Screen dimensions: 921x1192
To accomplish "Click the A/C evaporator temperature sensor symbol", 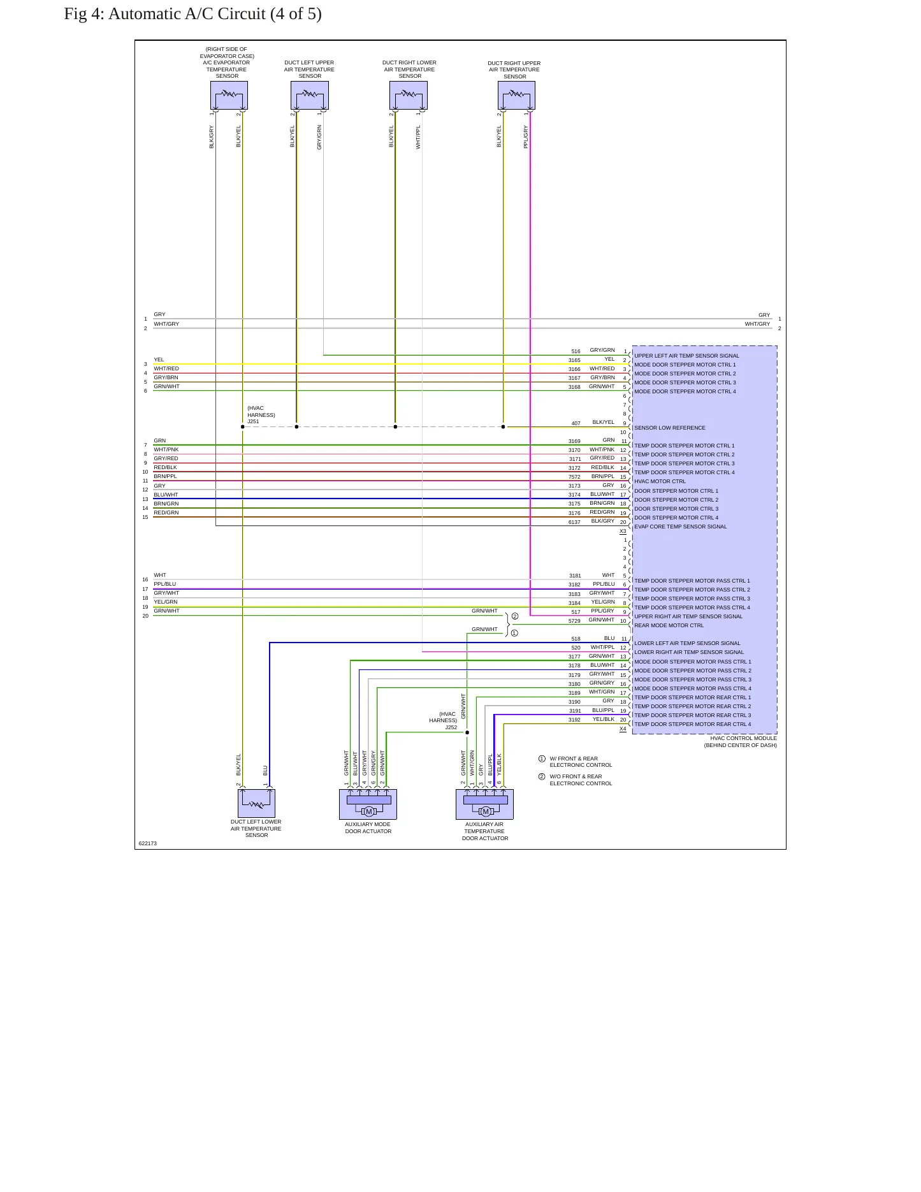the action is [229, 95].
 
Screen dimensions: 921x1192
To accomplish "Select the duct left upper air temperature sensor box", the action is [310, 95].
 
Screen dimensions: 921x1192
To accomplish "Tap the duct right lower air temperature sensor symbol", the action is [409, 95].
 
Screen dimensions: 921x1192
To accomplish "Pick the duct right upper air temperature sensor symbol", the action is [516, 95].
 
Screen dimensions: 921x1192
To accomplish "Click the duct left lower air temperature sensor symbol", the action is [256, 803].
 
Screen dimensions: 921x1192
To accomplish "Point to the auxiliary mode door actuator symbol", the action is [368, 804].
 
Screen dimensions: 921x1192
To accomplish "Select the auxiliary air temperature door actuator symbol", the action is [484, 804].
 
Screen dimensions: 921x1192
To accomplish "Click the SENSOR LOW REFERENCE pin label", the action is [670, 428].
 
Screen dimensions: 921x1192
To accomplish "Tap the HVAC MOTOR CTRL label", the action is [660, 481].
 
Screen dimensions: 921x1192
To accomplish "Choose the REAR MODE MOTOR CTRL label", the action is [669, 625].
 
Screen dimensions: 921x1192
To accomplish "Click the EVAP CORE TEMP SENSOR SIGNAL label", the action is [680, 527].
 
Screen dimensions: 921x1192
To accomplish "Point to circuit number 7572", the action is [574, 477].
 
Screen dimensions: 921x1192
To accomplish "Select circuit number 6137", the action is [574, 522].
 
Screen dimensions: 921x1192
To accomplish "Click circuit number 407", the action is [576, 423].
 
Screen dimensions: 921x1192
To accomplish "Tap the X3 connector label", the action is [623, 531].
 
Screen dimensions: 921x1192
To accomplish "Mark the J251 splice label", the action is [253, 421].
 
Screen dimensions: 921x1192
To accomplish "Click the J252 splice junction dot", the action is [467, 732].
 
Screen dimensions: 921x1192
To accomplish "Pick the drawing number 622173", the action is [148, 843].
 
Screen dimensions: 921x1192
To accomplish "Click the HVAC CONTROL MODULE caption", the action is [743, 738].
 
